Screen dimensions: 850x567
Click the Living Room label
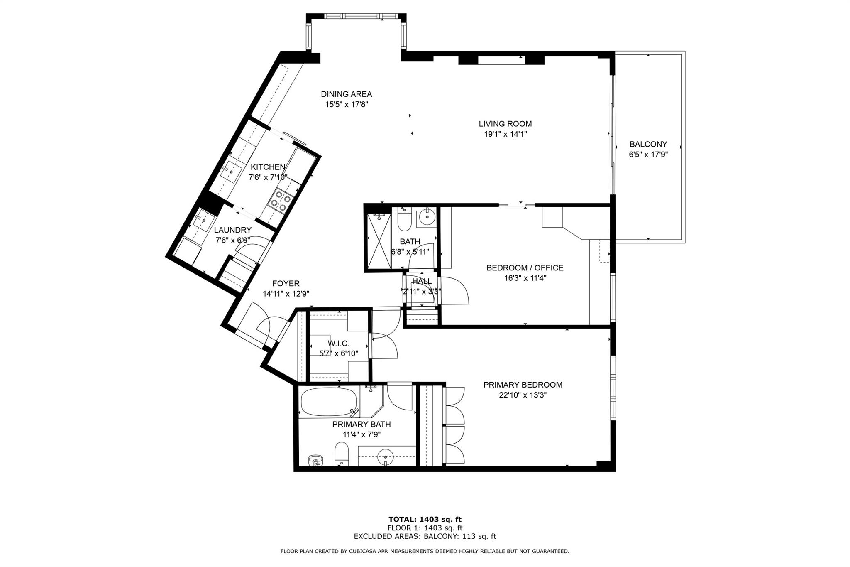(505, 124)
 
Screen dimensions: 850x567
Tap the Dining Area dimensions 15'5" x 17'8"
(347, 104)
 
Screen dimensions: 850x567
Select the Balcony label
(648, 144)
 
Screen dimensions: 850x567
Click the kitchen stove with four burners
(280, 201)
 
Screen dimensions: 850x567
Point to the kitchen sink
(231, 171)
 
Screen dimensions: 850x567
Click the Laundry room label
(232, 230)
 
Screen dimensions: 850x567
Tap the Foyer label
(286, 283)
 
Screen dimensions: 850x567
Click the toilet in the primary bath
(342, 454)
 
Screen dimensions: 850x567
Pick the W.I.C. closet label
(339, 344)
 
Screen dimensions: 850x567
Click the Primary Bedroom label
(523, 385)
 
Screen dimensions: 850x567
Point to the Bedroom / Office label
(525, 268)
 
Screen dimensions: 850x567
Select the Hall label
(422, 281)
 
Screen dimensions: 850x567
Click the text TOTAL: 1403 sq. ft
(425, 519)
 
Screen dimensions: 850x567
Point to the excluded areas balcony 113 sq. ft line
(425, 536)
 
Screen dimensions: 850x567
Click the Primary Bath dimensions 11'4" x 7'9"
(361, 434)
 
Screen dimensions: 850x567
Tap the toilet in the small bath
(404, 219)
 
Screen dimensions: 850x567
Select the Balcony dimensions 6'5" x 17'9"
(648, 155)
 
